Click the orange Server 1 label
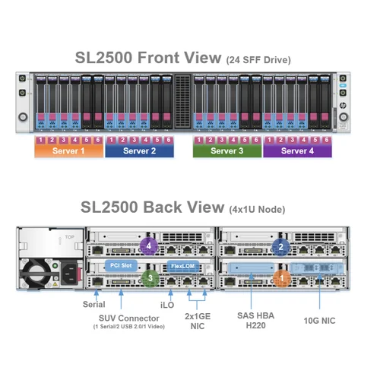[68, 150]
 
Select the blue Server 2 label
[139, 150]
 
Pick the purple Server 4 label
[297, 150]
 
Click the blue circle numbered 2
[281, 245]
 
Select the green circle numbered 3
[150, 279]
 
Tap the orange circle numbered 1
[281, 279]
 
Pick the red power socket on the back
[77, 274]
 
